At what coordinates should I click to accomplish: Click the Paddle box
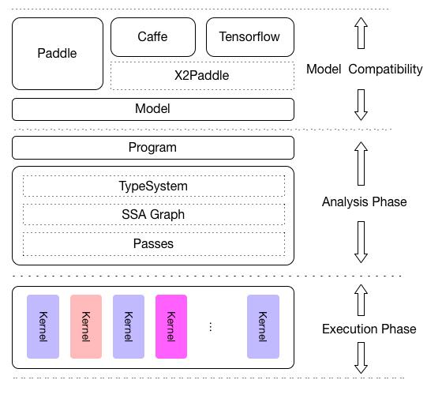pos(58,54)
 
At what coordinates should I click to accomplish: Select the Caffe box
pos(153,37)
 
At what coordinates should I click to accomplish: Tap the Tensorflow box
pos(250,37)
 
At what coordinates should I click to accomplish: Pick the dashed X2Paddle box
pos(202,76)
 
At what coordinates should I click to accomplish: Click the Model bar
pos(153,109)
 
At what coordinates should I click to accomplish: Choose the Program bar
pos(153,148)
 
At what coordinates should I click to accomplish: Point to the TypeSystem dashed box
pos(154,186)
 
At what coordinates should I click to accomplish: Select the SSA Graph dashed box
pos(154,214)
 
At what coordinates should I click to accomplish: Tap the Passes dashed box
pos(154,244)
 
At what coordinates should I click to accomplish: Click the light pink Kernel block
pos(86,326)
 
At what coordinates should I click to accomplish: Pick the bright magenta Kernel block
pos(171,326)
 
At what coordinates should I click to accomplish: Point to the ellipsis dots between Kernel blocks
pos(211,326)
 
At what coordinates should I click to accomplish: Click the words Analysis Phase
pos(365,202)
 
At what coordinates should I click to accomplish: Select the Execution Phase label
pos(369,329)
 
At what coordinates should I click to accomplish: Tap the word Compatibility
pos(386,70)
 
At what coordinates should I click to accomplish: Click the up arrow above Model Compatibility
pos(361,33)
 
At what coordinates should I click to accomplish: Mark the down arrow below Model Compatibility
pos(361,105)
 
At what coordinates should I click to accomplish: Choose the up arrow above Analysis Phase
pos(361,164)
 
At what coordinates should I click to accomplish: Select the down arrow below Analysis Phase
pos(361,242)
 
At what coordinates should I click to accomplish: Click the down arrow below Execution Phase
pos(361,358)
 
